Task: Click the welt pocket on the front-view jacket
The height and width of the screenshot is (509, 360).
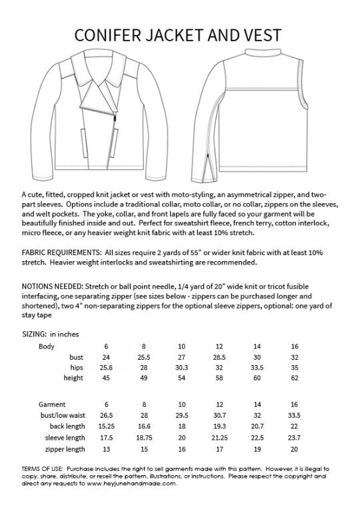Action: point(82,141)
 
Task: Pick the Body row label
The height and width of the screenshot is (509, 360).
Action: point(47,346)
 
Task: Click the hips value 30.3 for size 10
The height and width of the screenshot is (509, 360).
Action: point(181,367)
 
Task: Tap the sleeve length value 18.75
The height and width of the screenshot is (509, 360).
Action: point(143,437)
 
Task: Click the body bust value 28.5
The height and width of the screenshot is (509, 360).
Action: point(219,357)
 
